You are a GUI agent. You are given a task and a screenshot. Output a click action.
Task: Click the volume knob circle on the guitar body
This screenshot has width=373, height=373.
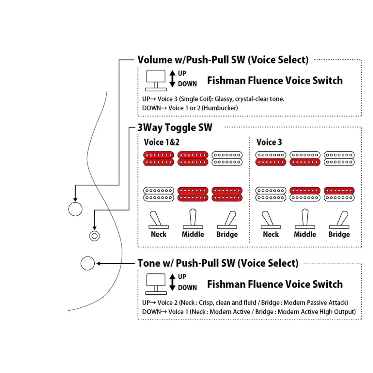click(x=75, y=209)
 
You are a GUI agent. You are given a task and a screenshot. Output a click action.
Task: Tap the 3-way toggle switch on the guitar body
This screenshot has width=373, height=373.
click(x=94, y=236)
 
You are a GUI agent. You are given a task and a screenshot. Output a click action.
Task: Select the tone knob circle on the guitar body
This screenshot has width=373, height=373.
click(x=88, y=263)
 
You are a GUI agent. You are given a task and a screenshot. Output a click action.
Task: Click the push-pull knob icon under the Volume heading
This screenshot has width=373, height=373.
click(x=156, y=81)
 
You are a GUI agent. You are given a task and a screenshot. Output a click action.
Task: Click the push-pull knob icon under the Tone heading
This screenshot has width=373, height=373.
click(x=156, y=284)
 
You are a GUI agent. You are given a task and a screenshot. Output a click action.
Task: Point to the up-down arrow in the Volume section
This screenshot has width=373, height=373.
click(x=172, y=78)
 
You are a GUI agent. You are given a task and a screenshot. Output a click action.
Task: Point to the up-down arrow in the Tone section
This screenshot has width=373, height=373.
click(x=172, y=282)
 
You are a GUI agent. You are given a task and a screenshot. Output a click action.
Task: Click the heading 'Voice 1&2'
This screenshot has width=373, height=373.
click(x=162, y=142)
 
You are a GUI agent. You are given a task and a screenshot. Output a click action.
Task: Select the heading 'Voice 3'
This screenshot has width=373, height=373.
click(x=269, y=142)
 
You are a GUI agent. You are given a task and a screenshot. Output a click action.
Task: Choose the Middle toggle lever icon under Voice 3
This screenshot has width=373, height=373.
click(x=305, y=219)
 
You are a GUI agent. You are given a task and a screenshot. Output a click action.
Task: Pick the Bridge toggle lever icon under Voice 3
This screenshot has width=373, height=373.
click(x=339, y=220)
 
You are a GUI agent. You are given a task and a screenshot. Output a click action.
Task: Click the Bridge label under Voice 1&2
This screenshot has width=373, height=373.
click(x=227, y=235)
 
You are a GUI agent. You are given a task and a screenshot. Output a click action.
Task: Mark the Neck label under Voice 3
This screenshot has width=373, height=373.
click(x=271, y=234)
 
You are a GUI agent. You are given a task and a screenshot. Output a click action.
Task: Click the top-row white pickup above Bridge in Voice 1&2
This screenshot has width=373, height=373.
click(x=227, y=159)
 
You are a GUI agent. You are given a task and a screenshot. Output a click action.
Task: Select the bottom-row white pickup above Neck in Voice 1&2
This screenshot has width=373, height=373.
click(x=159, y=194)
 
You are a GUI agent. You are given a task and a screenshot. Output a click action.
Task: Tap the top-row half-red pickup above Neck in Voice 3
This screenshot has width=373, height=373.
click(x=271, y=159)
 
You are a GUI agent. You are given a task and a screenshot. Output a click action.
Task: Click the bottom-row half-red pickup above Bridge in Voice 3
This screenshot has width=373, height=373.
click(x=339, y=194)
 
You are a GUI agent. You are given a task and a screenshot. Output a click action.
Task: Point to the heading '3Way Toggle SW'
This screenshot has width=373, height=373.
click(x=175, y=128)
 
